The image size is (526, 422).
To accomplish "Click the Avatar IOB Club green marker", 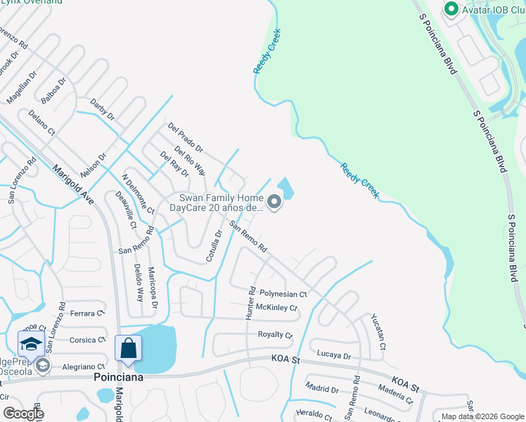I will tap(450, 9).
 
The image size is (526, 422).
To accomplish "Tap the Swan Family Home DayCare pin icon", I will tap(275, 203).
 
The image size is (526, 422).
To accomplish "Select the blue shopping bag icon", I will tap(128, 348).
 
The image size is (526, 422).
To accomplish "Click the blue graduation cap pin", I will tap(31, 343).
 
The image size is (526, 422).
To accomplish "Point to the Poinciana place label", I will tap(119, 377).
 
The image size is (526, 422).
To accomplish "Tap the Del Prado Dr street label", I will tap(185, 137).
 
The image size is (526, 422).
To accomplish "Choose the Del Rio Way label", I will tap(190, 160).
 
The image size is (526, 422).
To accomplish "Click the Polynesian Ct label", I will tap(283, 294).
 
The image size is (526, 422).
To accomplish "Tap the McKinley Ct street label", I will tap(276, 307).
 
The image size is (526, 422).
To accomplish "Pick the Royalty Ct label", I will tap(274, 335).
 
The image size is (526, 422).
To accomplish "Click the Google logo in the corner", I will tap(23, 414).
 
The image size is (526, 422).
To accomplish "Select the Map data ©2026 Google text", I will tap(482, 416).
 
